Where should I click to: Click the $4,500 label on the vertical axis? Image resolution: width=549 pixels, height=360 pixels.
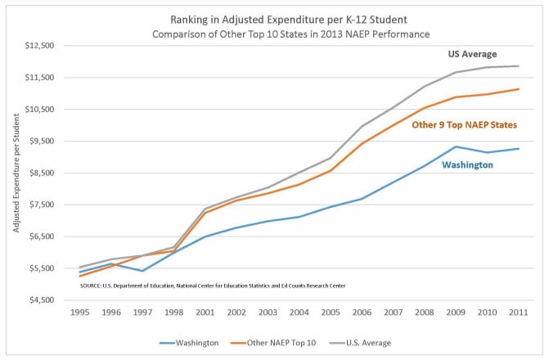point(38,300)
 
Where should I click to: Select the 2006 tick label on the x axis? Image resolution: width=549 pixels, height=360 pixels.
point(362,312)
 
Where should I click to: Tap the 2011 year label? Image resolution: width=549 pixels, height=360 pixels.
point(518,312)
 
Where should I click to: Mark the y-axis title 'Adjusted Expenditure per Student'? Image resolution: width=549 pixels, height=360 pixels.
point(16,173)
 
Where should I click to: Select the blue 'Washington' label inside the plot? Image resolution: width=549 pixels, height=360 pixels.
point(467,164)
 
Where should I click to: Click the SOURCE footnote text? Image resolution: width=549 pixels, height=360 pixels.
point(211,286)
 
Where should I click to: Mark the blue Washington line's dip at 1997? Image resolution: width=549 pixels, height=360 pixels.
point(142,271)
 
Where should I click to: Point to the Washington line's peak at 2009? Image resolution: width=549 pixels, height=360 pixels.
point(456,146)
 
